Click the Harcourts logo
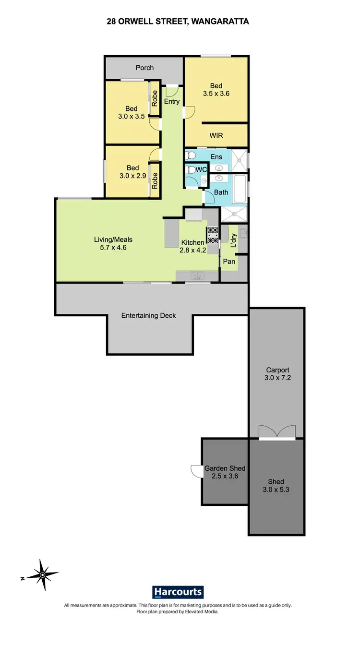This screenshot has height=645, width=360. [178, 592]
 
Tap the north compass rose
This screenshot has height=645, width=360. [43, 574]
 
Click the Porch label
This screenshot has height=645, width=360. [144, 68]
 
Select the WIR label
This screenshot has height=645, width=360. [216, 136]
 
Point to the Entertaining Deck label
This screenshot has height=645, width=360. [148, 315]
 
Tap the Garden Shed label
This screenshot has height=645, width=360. [225, 468]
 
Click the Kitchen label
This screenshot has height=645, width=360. [192, 242]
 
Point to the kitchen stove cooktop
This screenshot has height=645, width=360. [212, 235]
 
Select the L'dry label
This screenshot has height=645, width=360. [233, 240]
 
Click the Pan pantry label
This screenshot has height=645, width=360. [229, 262]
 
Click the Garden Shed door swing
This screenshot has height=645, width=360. [196, 471]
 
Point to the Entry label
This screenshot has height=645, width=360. [172, 102]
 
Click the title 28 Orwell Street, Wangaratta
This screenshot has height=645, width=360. [177, 21]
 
